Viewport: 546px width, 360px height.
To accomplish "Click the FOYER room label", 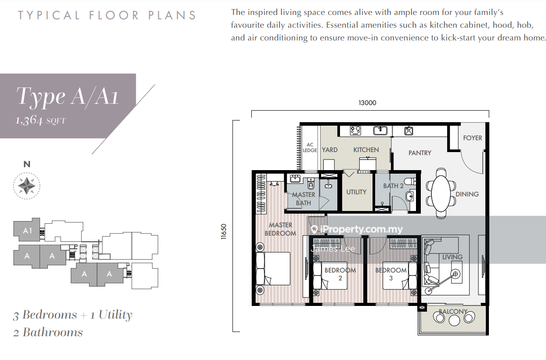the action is (472, 138).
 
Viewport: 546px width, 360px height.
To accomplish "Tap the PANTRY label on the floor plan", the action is (420, 153).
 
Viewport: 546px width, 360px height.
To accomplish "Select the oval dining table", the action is (441, 194).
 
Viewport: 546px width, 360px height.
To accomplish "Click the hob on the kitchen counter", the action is (355, 131).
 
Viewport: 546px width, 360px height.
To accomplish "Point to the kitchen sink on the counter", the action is (380, 131).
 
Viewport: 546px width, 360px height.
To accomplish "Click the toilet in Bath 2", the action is (410, 182).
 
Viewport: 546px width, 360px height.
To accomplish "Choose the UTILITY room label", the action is (356, 192).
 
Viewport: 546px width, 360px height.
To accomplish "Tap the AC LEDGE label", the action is (310, 148).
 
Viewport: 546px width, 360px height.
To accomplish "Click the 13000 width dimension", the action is (367, 103).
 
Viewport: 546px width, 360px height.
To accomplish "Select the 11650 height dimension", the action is (224, 232).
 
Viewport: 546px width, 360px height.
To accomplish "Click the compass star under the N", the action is (26, 186).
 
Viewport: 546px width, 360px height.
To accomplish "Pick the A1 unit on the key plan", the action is (27, 230).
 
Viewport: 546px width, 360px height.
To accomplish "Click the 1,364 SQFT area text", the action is (40, 120).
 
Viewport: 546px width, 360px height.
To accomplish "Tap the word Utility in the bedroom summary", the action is (115, 315).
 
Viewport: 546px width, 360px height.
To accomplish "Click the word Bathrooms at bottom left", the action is (53, 332).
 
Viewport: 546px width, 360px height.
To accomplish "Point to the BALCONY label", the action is (453, 312).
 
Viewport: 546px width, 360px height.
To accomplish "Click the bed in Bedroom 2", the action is (330, 276).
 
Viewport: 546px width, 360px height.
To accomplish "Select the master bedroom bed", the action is (273, 269).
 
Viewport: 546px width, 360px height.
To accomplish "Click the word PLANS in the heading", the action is (172, 15).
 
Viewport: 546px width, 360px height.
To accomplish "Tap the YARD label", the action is (330, 150).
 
